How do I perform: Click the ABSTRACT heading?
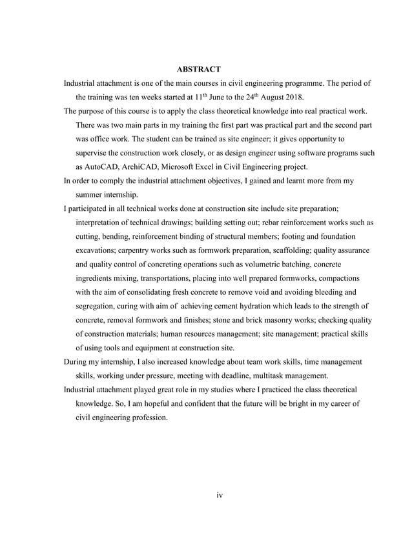pos(199,69)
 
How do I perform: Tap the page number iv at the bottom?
pos(219,496)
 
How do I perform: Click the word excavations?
pos(99,251)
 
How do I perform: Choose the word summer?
pos(94,195)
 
